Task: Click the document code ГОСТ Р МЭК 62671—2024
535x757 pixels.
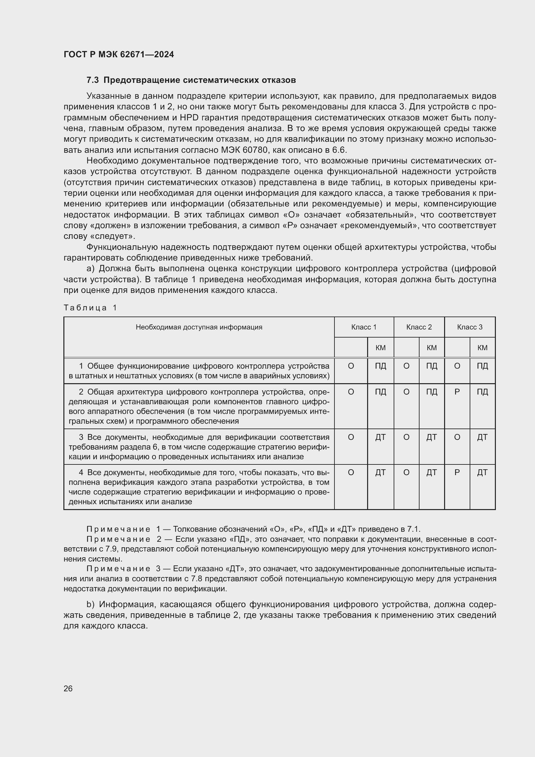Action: (119, 54)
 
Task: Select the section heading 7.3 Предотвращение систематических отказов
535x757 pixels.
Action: (191, 80)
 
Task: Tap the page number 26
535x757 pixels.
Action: (68, 688)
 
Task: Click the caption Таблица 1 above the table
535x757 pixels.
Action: (90, 307)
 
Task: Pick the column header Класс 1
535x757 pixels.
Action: (364, 327)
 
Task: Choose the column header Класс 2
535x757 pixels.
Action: (419, 327)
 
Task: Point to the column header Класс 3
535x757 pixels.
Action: (469, 327)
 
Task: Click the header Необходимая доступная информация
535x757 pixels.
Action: (199, 327)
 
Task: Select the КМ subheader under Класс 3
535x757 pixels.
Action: (482, 348)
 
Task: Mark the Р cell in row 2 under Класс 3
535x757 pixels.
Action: (457, 392)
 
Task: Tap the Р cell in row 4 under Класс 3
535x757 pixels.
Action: (457, 473)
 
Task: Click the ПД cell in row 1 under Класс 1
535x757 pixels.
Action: (380, 366)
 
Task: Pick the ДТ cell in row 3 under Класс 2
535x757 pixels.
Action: (431, 437)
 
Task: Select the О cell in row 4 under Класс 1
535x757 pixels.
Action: (351, 473)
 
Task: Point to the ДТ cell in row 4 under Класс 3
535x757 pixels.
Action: (482, 473)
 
